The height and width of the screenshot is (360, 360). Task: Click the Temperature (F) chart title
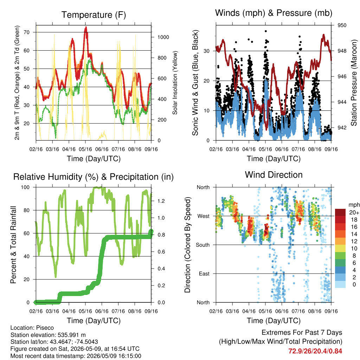(x=94, y=15)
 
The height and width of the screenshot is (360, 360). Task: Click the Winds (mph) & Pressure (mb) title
(x=274, y=13)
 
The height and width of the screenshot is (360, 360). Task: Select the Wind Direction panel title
(x=274, y=175)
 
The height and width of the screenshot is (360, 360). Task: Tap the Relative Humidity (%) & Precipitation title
(x=94, y=177)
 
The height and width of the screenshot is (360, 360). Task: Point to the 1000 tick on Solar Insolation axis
(x=163, y=37)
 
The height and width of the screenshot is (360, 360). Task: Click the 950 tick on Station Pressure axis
(x=342, y=25)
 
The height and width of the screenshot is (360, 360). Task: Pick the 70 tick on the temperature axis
(x=27, y=32)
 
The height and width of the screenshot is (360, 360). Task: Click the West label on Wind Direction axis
(x=204, y=216)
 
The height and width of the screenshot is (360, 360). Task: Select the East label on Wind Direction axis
(x=204, y=274)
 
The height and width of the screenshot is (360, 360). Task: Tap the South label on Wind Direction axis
(x=203, y=245)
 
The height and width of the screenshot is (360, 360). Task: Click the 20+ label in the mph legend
(x=354, y=212)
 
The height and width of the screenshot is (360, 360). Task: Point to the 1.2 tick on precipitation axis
(x=161, y=201)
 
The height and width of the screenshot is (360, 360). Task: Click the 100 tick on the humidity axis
(x=25, y=187)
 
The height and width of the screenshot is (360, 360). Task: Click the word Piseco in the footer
(x=45, y=328)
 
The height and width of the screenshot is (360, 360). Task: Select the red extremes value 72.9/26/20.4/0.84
(x=315, y=351)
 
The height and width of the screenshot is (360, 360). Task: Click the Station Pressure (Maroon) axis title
(x=354, y=83)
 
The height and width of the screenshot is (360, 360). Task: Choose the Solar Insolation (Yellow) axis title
(x=175, y=83)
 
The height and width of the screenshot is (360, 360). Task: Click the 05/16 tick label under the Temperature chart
(x=85, y=149)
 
